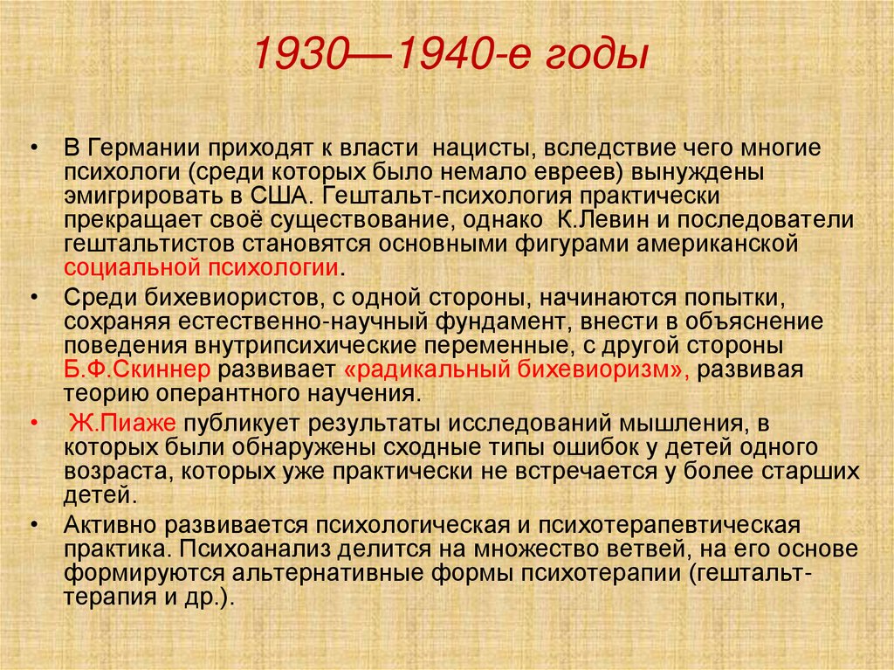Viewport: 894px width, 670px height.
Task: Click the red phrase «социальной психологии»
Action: (201, 266)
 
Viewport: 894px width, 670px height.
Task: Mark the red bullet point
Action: (33, 424)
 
